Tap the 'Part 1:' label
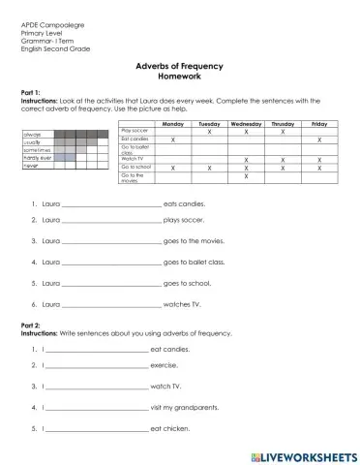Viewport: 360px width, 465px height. pos(32,91)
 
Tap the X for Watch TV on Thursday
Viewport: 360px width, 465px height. pos(282,158)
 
